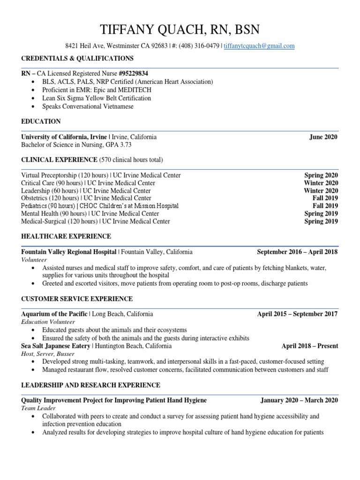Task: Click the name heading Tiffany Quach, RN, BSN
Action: click(x=180, y=30)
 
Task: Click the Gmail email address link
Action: click(x=260, y=46)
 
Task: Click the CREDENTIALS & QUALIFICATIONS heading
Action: click(x=77, y=58)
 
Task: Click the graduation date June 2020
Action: click(x=323, y=137)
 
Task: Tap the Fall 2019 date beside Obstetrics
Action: click(x=325, y=198)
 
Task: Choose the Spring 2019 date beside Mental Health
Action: click(x=321, y=214)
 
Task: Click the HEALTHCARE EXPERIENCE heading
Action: click(x=66, y=236)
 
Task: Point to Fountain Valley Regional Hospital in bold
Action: click(x=69, y=252)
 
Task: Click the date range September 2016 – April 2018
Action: click(x=297, y=252)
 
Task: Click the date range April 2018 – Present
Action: click(x=309, y=346)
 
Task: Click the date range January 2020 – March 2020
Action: click(x=299, y=400)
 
